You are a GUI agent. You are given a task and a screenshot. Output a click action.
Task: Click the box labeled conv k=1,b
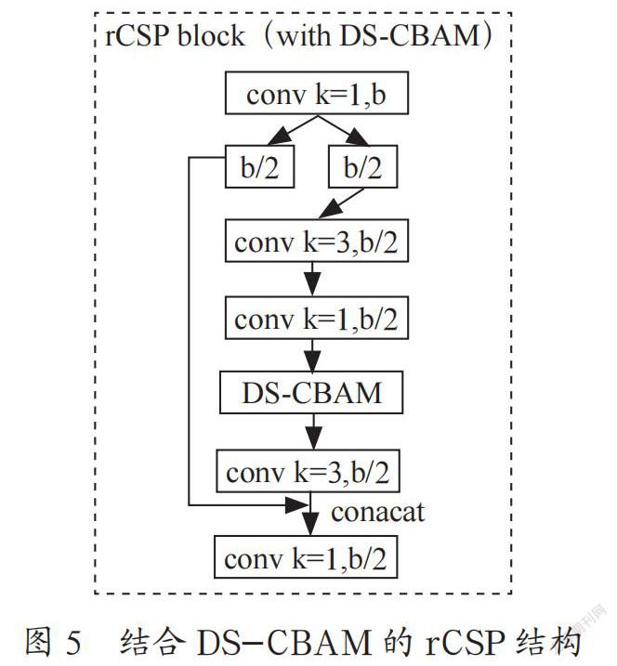coord(317,93)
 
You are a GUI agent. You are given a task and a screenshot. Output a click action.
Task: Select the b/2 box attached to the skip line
coord(259,166)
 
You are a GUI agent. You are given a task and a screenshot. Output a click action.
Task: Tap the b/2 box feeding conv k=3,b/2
coord(363,166)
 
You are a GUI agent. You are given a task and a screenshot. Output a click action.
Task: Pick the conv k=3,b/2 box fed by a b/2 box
coord(317,241)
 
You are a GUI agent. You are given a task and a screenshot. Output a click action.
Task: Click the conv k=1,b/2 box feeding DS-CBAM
coord(317,318)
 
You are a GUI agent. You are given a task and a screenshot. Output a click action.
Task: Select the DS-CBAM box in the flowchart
coord(311,393)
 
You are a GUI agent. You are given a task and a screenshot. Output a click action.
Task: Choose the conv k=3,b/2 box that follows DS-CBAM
coord(308,471)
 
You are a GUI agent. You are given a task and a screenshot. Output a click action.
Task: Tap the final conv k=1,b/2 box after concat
coord(306,556)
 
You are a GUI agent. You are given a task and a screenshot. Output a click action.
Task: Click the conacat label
coord(377,512)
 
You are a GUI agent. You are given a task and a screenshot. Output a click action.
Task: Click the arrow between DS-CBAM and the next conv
coord(313,432)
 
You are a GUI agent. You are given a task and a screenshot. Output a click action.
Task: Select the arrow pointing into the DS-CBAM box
coord(313,356)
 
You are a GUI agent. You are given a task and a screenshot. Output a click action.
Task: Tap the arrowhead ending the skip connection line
coord(297,505)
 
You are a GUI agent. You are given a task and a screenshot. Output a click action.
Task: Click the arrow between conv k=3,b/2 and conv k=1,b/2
coord(313,279)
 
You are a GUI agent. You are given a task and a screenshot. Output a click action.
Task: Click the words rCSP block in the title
coord(175,35)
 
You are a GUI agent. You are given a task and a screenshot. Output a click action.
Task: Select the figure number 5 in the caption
coord(73,642)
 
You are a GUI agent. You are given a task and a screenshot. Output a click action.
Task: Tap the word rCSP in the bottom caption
coord(466,642)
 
